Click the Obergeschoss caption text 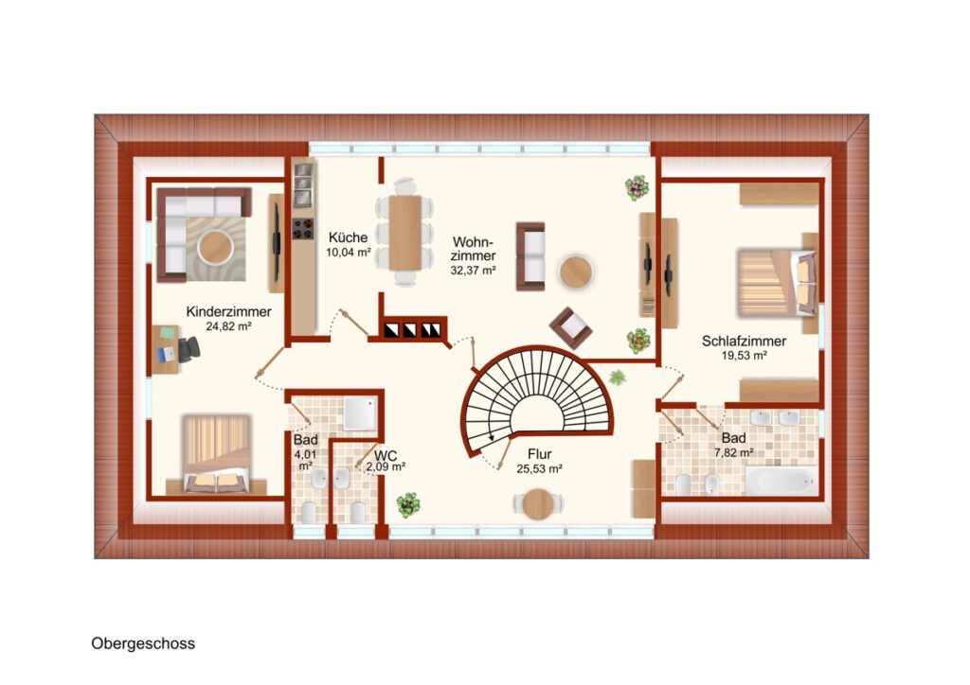(x=143, y=643)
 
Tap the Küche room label (x=349, y=237)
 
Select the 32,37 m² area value (x=474, y=270)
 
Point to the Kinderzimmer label (x=229, y=312)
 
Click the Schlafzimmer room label (x=745, y=341)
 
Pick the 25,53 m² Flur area (x=539, y=469)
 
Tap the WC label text (x=386, y=455)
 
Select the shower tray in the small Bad (x=361, y=413)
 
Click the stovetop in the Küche (x=303, y=228)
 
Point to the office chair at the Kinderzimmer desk (x=189, y=350)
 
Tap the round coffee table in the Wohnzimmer (x=576, y=272)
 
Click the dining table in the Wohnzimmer (x=405, y=233)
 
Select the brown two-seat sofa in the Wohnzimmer (x=530, y=256)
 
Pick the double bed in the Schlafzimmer (x=777, y=283)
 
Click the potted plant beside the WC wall (x=408, y=504)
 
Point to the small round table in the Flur (x=538, y=504)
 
